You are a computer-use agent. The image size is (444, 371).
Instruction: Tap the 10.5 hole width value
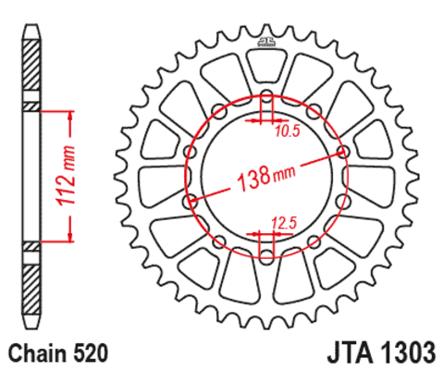pos(288,130)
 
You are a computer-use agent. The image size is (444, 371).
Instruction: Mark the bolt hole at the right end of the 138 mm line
pos(344,151)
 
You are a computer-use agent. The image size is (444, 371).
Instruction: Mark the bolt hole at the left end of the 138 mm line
pos(191,199)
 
